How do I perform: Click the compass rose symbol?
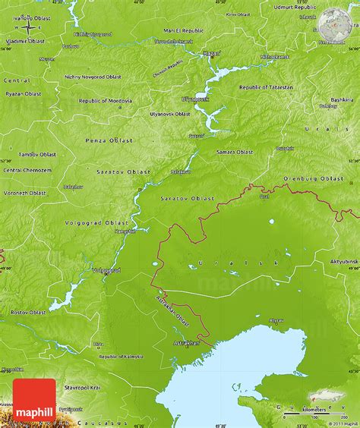click(29, 27)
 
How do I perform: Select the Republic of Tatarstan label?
click(265, 87)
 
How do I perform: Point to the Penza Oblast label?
click(112, 140)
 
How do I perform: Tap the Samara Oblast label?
click(234, 152)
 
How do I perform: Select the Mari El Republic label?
click(178, 30)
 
